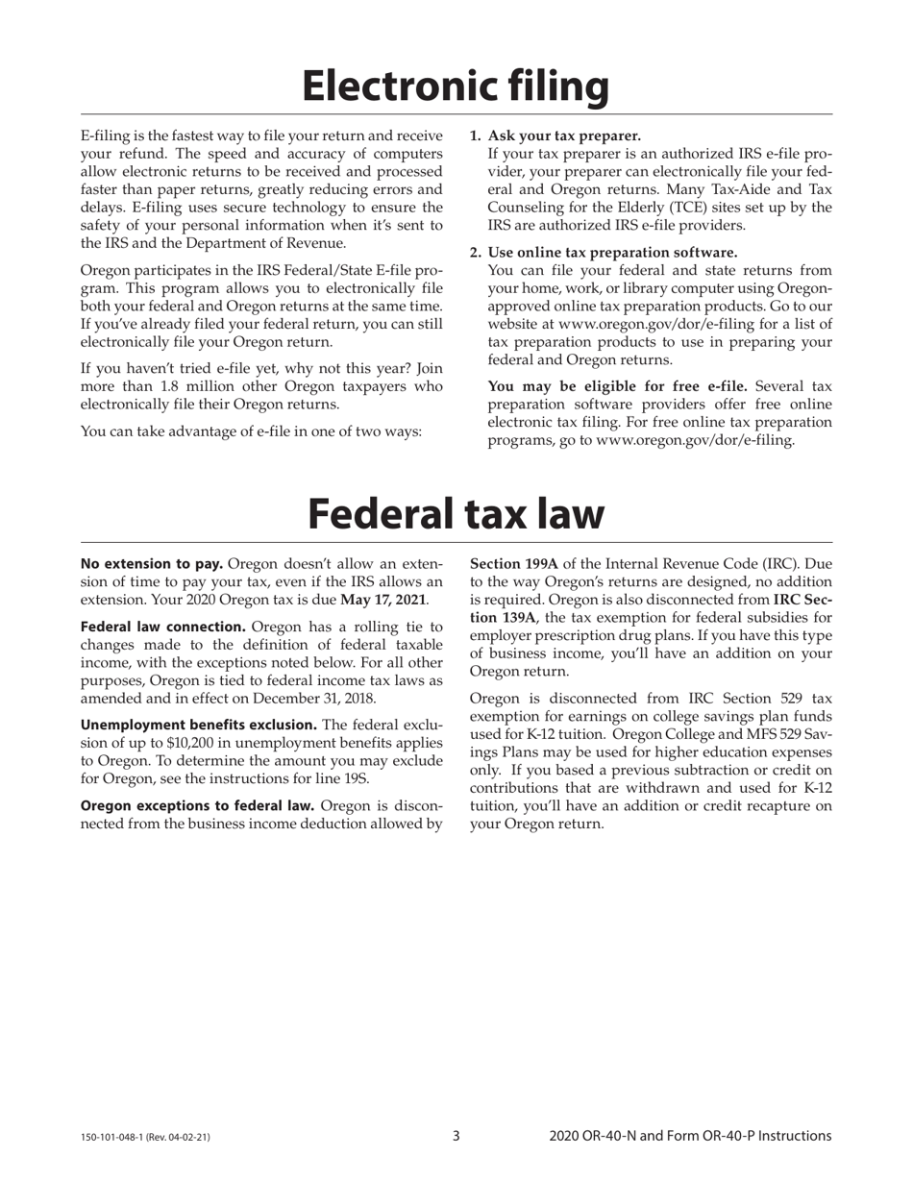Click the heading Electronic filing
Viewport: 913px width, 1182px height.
click(456, 86)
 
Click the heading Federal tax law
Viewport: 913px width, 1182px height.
click(456, 513)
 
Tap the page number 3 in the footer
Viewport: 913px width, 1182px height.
click(456, 1136)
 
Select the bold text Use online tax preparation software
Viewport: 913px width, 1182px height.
click(612, 252)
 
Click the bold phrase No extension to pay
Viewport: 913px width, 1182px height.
click(152, 564)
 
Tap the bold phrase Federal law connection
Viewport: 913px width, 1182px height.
click(163, 627)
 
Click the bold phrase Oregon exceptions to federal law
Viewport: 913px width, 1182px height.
click(197, 805)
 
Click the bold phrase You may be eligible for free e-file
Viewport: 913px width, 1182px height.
click(618, 386)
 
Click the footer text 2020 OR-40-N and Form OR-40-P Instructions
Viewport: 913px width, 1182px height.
click(690, 1136)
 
